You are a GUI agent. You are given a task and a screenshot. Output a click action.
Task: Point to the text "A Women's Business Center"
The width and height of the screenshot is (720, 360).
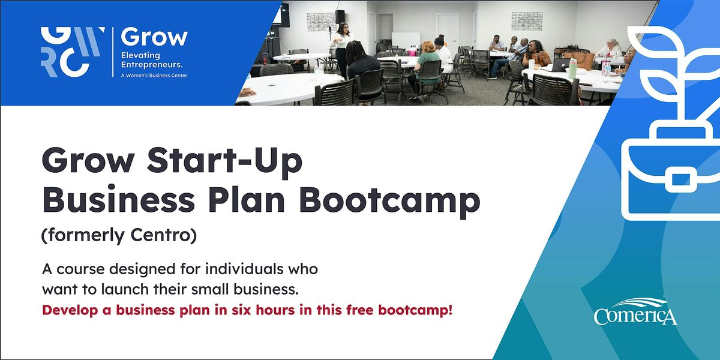pos(154,75)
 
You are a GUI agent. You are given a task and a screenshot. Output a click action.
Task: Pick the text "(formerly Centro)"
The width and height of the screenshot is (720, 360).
pos(119,236)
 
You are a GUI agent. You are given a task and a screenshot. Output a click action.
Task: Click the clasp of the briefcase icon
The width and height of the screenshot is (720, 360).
pos(676,179)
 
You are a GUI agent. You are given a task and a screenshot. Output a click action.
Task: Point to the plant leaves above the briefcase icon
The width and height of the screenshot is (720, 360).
pos(672,66)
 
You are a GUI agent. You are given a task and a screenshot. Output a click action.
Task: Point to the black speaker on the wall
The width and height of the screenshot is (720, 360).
pos(340,16)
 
